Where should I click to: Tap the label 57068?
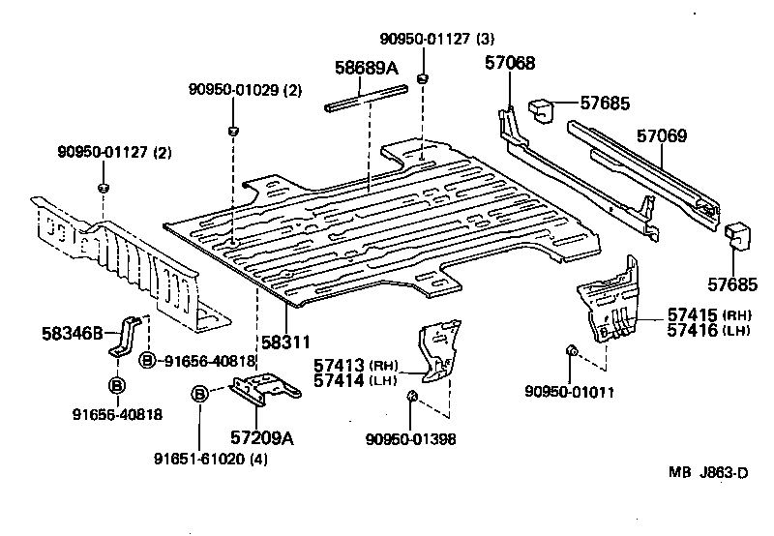(510, 64)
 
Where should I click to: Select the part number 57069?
(661, 136)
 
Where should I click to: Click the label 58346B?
(73, 334)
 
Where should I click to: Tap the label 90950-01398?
(411, 438)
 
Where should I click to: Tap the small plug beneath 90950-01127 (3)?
(423, 76)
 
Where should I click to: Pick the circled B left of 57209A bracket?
(198, 394)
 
